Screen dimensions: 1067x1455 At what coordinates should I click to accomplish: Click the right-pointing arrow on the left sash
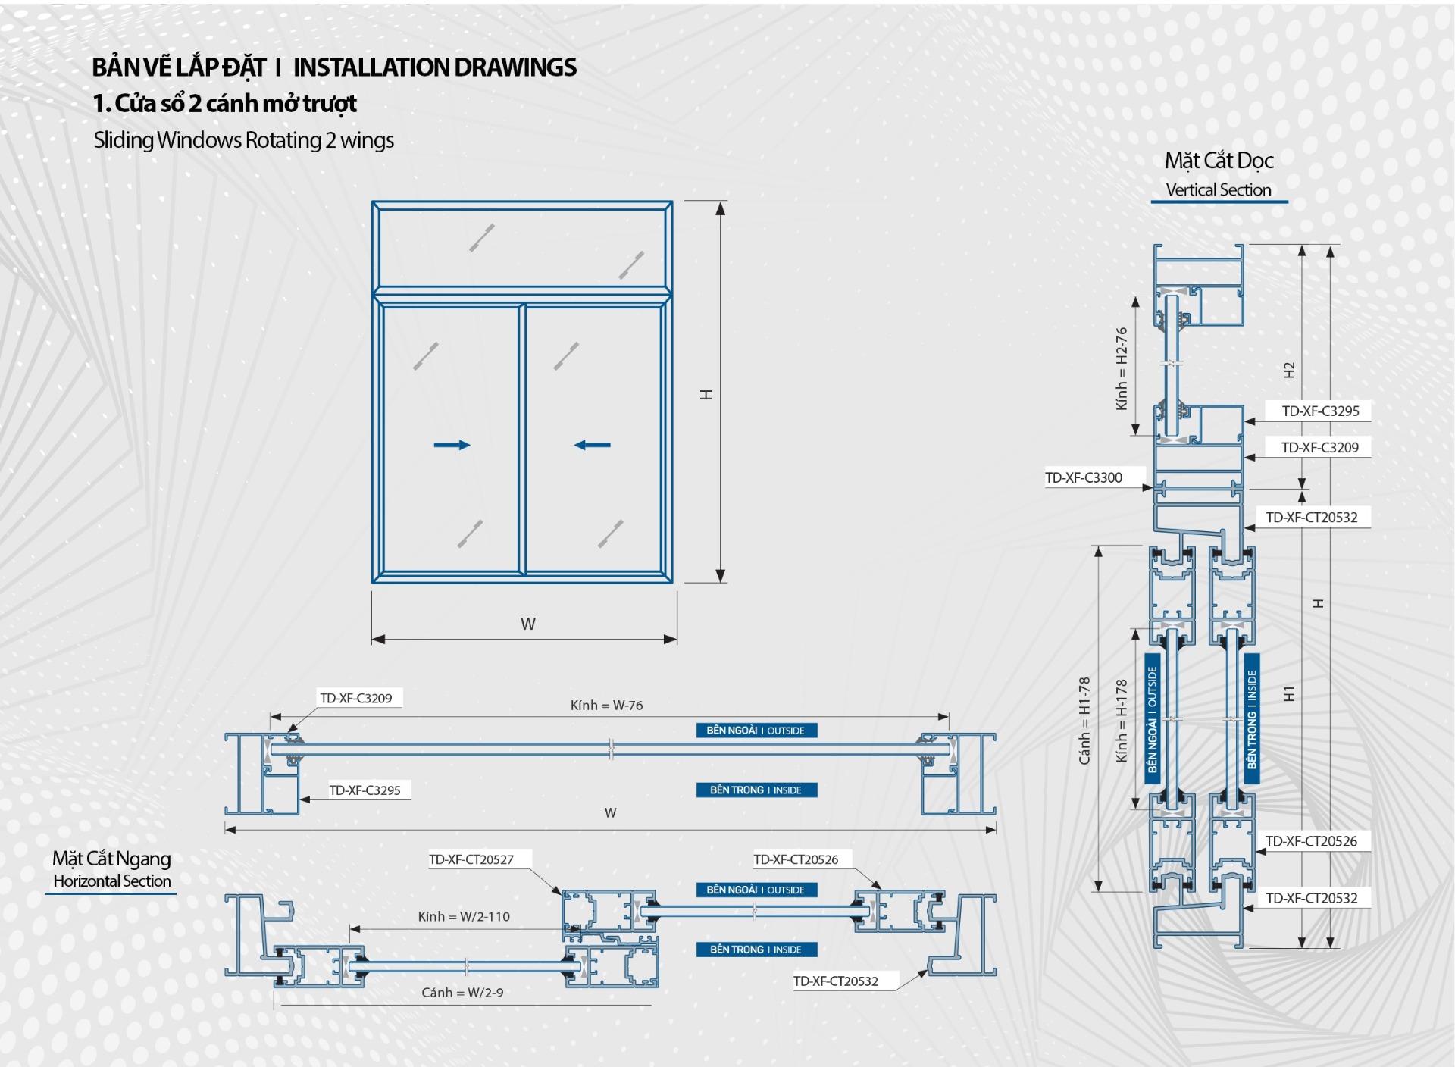point(452,445)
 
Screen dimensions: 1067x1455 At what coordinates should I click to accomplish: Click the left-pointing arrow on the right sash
point(592,445)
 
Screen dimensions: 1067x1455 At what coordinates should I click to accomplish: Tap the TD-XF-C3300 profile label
point(1084,477)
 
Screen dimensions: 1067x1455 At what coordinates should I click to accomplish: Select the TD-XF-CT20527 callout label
point(471,859)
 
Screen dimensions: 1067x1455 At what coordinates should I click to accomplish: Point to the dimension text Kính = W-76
point(606,706)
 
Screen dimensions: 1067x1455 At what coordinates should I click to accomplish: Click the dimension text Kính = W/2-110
point(464,917)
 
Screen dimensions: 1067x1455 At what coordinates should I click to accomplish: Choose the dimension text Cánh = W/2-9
point(462,993)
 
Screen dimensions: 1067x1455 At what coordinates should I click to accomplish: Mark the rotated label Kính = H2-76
point(1122,368)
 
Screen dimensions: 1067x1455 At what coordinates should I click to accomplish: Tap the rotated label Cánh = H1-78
point(1084,720)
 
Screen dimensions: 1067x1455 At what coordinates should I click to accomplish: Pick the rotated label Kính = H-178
point(1122,720)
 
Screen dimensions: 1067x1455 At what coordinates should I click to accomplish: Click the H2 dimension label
point(1289,371)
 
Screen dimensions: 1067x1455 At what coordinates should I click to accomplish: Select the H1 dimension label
point(1289,693)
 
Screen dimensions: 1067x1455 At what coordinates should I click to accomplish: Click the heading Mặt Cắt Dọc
point(1219,161)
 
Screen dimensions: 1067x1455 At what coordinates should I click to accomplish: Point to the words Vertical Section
point(1219,190)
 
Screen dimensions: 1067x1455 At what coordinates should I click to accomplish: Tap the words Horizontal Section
point(112,881)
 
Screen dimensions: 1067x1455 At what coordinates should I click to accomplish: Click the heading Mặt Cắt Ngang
point(111,859)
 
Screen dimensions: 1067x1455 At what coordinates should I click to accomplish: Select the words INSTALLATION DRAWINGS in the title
point(435,67)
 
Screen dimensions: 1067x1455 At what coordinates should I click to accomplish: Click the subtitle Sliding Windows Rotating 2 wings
point(243,140)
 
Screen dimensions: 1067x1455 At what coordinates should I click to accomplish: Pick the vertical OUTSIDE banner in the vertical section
point(1153,718)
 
